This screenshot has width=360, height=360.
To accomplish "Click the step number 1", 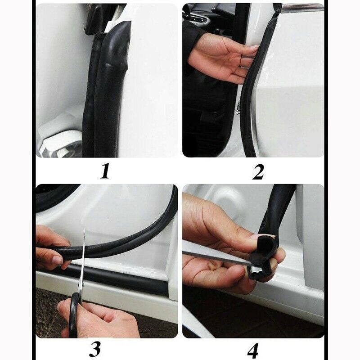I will click(x=105, y=171).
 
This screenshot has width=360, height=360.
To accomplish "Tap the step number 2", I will click(x=257, y=171).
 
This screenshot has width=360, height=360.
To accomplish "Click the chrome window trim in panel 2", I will click(x=301, y=7).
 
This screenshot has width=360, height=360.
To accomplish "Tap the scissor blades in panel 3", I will click(x=84, y=261).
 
